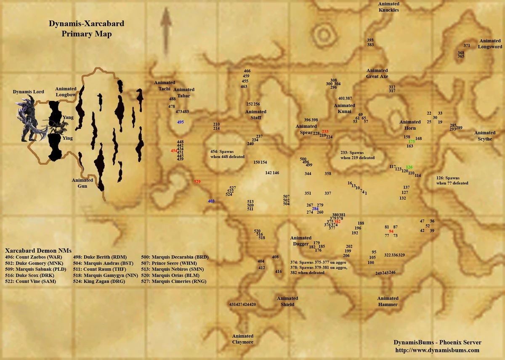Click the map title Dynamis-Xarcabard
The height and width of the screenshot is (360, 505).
coord(86,24)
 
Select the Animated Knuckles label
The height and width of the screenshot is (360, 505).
coord(388,7)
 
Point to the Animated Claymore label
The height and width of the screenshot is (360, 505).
coord(243,339)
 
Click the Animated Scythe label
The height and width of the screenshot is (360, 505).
coord(485,136)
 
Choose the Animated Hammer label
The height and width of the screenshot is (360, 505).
coord(388,301)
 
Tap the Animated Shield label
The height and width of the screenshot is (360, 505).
coord(287,301)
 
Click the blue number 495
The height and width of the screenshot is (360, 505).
coord(181,122)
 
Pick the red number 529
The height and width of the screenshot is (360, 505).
coord(197,182)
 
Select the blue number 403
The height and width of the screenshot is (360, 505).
coord(211,201)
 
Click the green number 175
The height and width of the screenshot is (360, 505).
coord(412,142)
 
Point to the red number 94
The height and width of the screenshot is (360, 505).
coord(391,231)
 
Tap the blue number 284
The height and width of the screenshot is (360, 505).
coord(315,209)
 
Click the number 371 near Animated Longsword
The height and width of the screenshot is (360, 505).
coord(467,45)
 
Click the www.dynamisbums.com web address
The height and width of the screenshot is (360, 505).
coord(437,350)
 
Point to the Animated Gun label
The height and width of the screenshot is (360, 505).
coord(82,183)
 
